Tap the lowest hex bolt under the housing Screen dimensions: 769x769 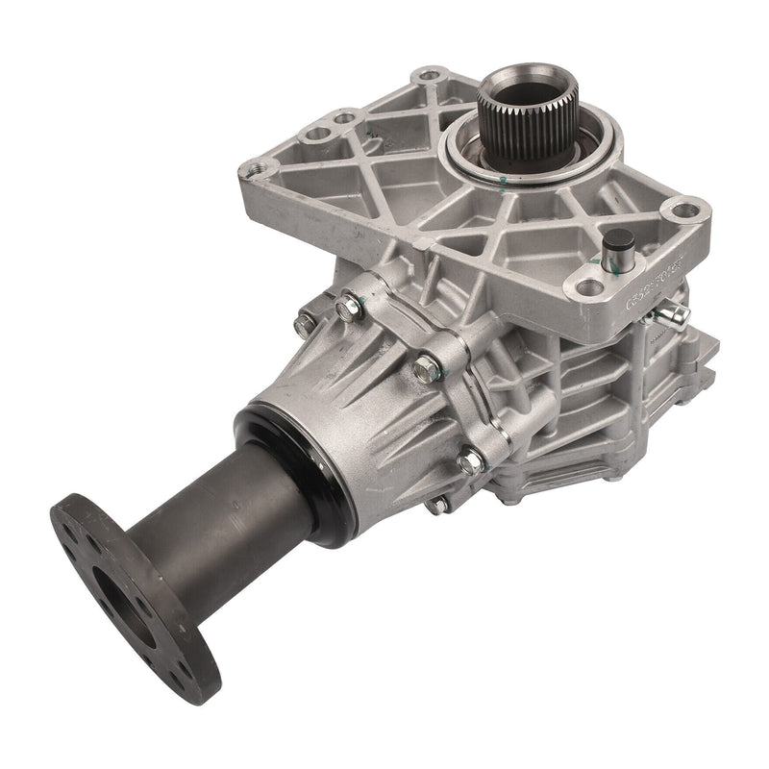tap(438, 503)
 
